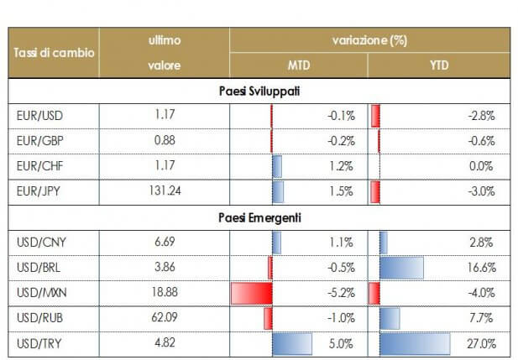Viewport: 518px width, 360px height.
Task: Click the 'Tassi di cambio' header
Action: (54, 53)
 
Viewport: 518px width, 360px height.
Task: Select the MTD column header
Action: (300, 65)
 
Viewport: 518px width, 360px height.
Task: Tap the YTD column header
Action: (439, 65)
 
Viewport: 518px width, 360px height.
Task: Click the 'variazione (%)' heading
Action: (369, 40)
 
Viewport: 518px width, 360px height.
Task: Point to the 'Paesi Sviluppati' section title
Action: (259, 89)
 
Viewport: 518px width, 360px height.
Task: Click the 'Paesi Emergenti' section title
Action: (259, 217)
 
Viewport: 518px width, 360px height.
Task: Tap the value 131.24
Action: (165, 191)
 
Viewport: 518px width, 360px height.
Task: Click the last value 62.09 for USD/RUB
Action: (165, 319)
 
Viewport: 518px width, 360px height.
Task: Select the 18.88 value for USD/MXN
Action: (165, 294)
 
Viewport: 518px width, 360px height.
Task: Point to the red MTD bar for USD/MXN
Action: (251, 294)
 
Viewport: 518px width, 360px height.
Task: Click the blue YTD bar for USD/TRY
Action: (415, 344)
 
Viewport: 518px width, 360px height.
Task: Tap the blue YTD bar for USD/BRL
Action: (401, 268)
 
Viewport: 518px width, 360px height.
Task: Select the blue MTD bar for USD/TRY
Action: (291, 344)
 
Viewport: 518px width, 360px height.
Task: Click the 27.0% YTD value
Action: (482, 344)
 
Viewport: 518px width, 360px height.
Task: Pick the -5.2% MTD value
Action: (339, 294)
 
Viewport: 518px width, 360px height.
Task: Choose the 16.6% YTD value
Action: (482, 268)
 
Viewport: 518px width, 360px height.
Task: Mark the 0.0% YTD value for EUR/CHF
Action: (484, 166)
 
